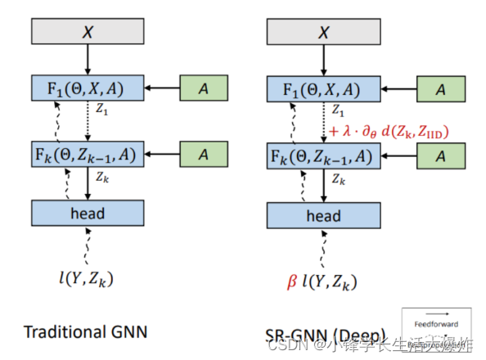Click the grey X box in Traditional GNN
[x=88, y=30]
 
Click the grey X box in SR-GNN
[x=323, y=30]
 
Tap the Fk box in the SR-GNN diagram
[x=323, y=155]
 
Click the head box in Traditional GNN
[x=88, y=214]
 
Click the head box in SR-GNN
[x=323, y=216]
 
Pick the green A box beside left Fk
[x=205, y=153]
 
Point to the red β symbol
[x=291, y=281]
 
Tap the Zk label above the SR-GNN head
[x=338, y=178]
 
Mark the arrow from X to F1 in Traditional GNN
[x=88, y=59]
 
